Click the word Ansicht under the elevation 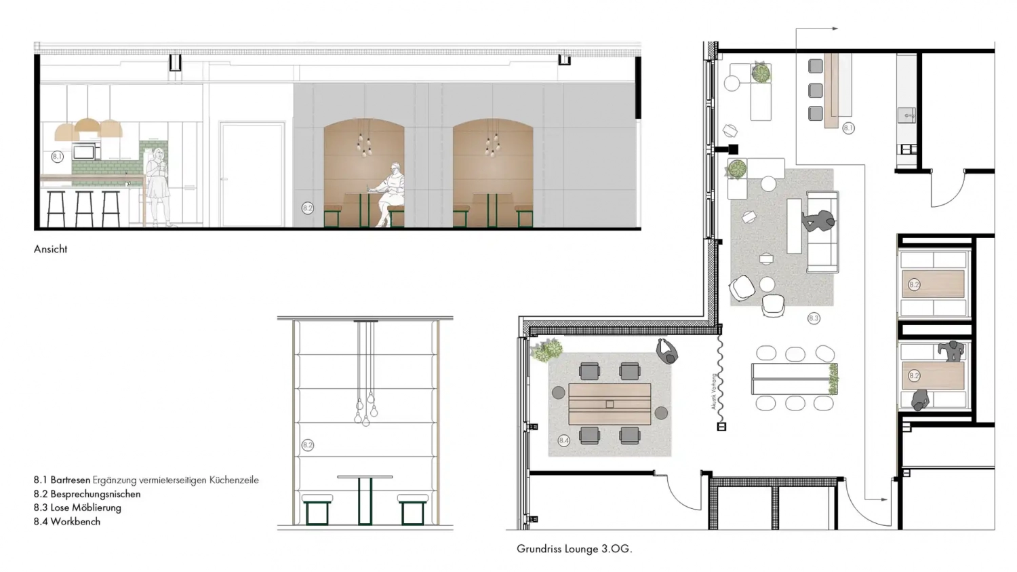[51, 249]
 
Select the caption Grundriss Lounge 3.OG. [574, 549]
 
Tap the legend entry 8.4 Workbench [67, 522]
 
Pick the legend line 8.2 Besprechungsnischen [87, 494]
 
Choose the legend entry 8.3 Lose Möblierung [77, 508]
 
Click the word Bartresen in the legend [70, 480]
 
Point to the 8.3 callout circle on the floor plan [814, 318]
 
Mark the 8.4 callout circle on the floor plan [563, 440]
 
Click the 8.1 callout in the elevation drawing [57, 157]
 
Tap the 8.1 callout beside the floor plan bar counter [848, 128]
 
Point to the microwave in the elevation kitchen [86, 151]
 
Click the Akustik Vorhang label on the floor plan [713, 392]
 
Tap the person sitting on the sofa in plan [819, 222]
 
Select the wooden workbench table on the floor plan [609, 404]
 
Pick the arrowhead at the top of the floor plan [835, 28]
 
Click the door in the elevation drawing [251, 174]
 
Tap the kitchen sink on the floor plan [906, 115]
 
